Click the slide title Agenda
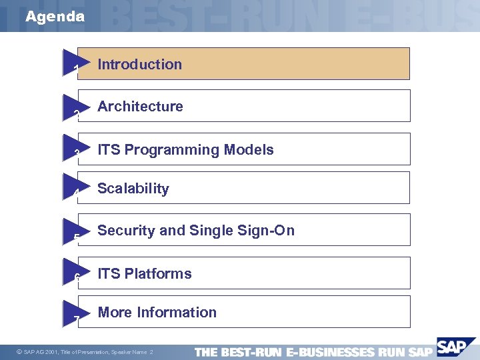(x=55, y=17)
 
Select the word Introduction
(x=139, y=65)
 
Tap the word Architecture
(x=140, y=107)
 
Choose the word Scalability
(x=133, y=189)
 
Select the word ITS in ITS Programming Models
(x=109, y=150)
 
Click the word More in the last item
(x=114, y=313)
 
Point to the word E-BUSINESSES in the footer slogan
(x=329, y=352)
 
